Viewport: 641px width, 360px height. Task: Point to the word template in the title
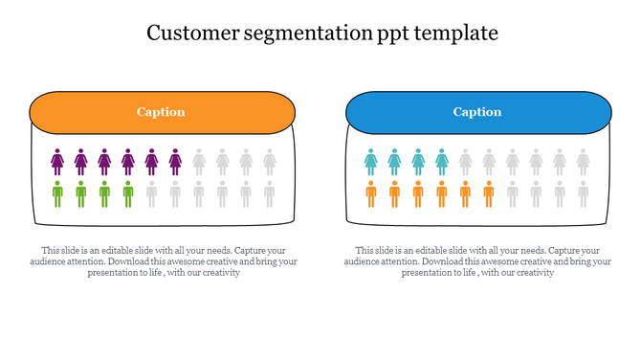457,34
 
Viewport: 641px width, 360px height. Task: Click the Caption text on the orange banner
161,112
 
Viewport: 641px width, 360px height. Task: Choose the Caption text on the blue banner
477,112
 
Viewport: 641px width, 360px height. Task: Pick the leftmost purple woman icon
57,161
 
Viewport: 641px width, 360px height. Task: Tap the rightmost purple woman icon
175,161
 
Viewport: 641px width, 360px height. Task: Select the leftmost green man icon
57,194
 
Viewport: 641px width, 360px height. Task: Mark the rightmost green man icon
128,194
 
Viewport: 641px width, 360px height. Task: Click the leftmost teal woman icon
371,161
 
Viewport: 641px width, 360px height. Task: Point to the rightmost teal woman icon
442,161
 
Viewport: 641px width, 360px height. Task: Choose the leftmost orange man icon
371,194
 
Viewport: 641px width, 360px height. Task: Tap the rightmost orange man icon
489,194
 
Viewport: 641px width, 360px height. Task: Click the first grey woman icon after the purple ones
199,161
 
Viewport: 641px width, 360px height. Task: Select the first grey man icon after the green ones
152,194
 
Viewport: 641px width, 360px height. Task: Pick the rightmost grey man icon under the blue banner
584,194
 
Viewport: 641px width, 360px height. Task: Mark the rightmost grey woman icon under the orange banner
270,161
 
